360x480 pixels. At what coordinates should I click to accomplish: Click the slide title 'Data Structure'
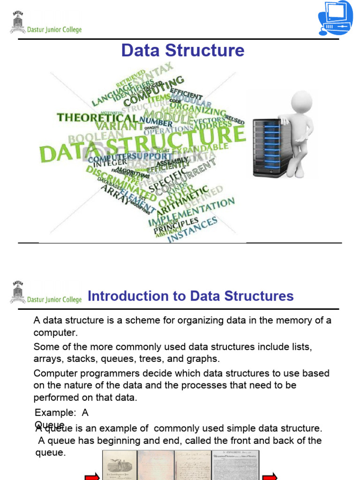coord(183,51)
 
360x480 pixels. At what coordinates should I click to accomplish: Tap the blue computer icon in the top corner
coord(335,18)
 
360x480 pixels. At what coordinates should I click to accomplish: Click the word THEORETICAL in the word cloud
coord(97,118)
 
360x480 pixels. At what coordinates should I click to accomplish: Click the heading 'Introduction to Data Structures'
coord(191,296)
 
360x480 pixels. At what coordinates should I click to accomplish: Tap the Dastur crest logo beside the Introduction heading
coord(18,293)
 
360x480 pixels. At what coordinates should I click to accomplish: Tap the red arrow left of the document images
coord(92,476)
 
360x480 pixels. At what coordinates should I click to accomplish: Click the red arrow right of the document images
coord(270,476)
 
